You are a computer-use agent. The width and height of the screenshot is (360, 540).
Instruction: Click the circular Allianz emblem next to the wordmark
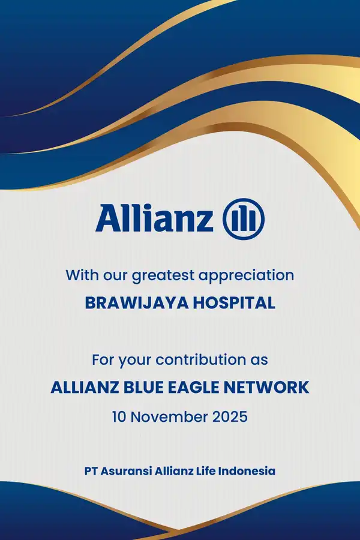tap(244, 218)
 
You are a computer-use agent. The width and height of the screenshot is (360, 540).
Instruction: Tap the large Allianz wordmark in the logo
tap(154, 218)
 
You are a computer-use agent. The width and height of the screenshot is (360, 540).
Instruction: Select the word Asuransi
tap(127, 471)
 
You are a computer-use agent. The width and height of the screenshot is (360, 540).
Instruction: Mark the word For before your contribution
tap(103, 361)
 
